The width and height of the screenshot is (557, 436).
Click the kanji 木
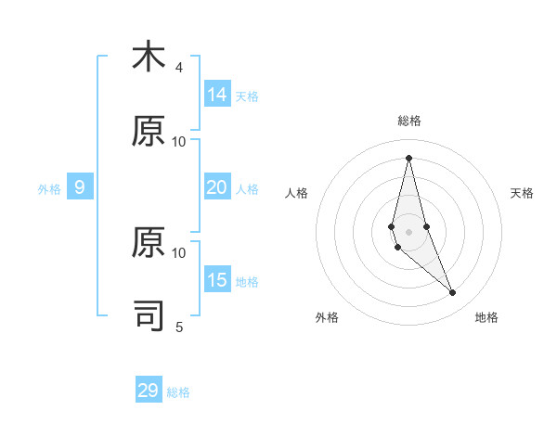coord(149,57)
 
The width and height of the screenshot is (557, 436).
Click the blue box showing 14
coord(217,95)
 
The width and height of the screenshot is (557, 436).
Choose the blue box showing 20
coord(217,187)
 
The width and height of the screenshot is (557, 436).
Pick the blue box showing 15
coord(217,280)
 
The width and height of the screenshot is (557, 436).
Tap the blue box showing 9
coord(80,187)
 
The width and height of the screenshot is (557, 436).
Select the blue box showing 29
coord(149,391)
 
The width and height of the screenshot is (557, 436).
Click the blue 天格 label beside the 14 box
coord(247,96)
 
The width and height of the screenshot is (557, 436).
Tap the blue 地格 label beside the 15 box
coord(247,282)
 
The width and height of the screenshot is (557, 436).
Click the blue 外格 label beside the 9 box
coord(49,189)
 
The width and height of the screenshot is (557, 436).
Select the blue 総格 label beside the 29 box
coord(178,392)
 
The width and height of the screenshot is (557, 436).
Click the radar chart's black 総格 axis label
coord(408,121)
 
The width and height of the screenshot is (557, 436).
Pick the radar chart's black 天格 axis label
coord(522,193)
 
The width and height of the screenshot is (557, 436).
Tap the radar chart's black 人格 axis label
coord(297,193)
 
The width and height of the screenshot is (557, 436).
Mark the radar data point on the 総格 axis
coord(408,158)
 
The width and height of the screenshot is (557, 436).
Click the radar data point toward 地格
coord(453,293)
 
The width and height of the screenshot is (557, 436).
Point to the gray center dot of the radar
coord(408,231)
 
